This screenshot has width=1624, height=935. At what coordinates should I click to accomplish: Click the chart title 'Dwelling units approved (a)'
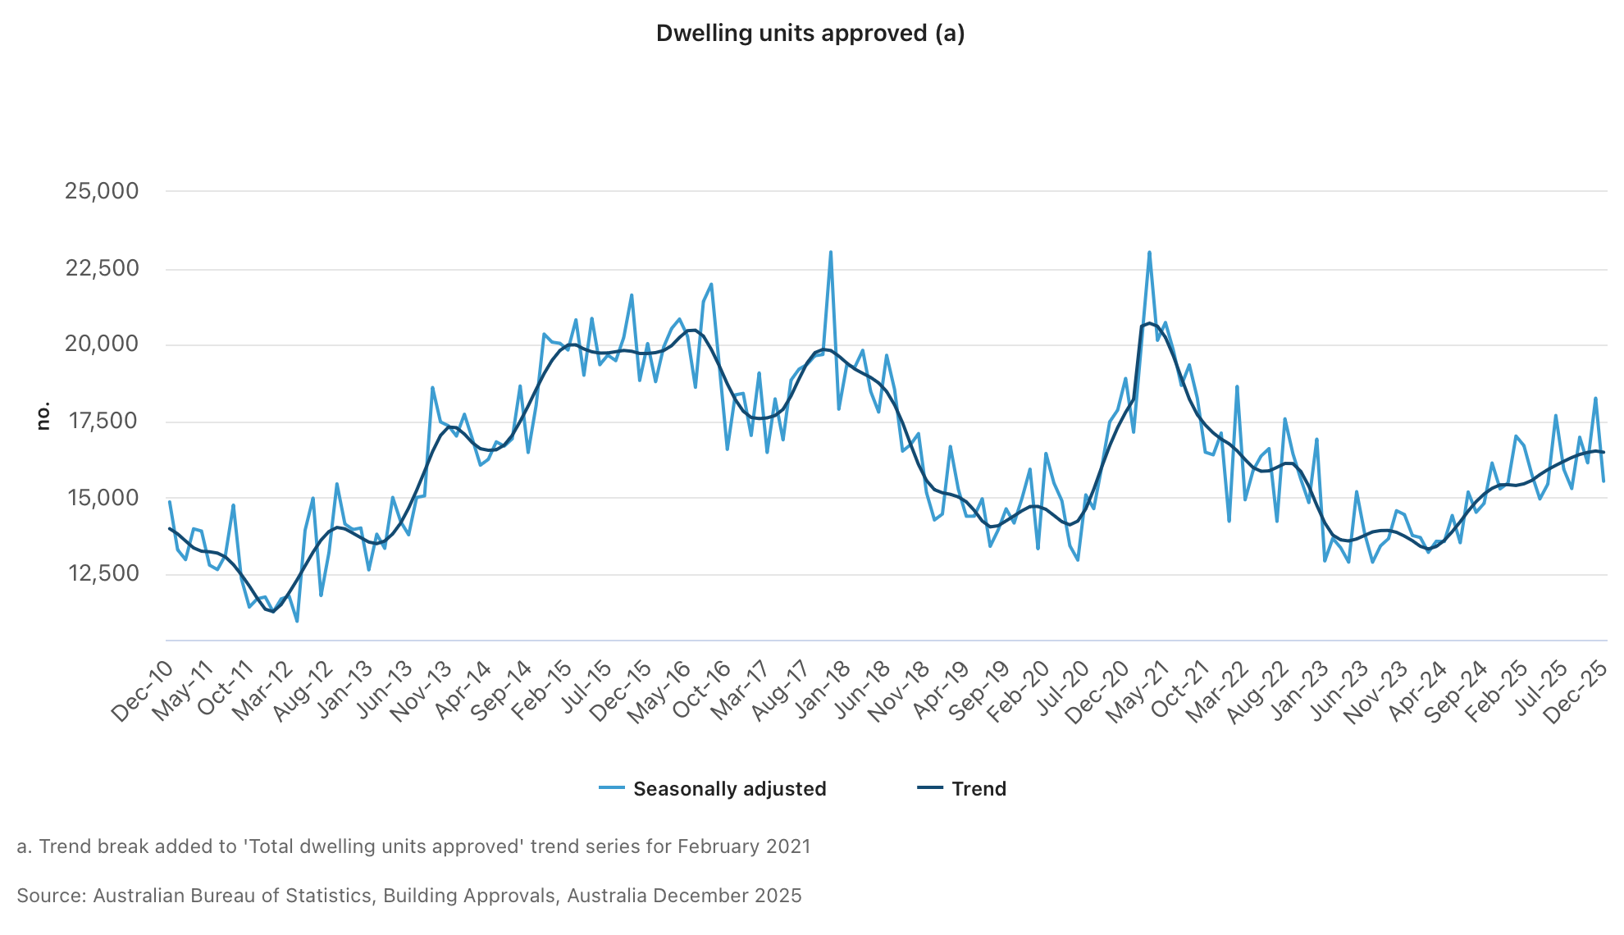810,34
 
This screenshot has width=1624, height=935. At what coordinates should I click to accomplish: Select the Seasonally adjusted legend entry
728,789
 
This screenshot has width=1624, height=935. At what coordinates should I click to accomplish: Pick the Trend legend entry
978,789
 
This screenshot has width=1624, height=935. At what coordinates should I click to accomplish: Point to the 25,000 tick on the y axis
103,191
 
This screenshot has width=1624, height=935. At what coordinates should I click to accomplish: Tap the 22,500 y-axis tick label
103,268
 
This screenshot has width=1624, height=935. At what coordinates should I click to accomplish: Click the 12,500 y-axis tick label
103,573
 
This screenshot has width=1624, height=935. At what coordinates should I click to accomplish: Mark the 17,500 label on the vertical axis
103,421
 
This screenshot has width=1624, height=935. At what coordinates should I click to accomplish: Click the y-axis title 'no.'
43,416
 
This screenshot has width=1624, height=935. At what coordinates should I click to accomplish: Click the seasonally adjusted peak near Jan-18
831,252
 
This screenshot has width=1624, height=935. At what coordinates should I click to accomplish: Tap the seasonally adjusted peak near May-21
1149,253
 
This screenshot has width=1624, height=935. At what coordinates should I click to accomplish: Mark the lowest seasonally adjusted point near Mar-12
297,621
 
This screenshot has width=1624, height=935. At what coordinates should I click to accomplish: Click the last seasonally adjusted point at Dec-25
1603,481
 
